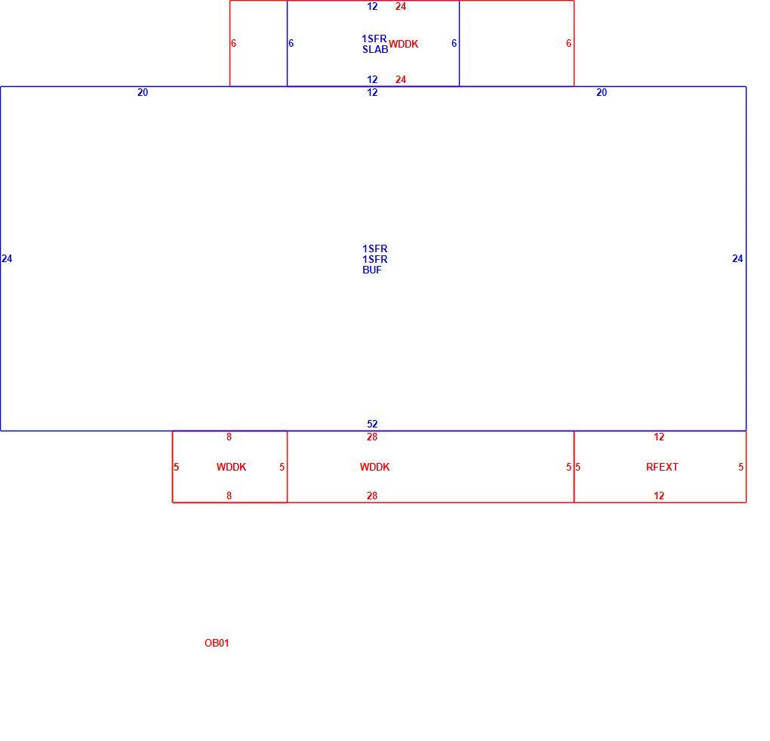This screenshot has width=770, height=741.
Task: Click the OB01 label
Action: pyautogui.click(x=217, y=643)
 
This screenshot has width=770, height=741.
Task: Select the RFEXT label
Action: pyautogui.click(x=662, y=467)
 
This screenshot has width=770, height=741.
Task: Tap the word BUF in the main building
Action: pyautogui.click(x=371, y=270)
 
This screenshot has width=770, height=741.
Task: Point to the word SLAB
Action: pyautogui.click(x=375, y=49)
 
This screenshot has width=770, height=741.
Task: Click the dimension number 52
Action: pyautogui.click(x=372, y=424)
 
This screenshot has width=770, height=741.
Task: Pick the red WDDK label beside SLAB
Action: pyautogui.click(x=404, y=45)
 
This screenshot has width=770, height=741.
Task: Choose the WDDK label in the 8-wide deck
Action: pyautogui.click(x=231, y=467)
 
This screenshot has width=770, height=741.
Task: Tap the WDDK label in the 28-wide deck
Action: pyautogui.click(x=374, y=467)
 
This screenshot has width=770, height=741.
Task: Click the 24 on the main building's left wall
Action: pyautogui.click(x=7, y=259)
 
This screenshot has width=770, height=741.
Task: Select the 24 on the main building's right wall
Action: pyautogui.click(x=738, y=259)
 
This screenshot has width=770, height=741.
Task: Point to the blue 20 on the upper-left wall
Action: pyautogui.click(x=143, y=92)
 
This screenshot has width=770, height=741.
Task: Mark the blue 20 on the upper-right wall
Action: pyautogui.click(x=602, y=92)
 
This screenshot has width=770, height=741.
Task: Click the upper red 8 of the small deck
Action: pyautogui.click(x=229, y=437)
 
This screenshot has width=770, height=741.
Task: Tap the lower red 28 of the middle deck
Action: pyautogui.click(x=372, y=496)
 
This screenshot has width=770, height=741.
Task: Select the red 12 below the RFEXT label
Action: pyautogui.click(x=659, y=496)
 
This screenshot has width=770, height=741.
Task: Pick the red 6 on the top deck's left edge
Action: pyautogui.click(x=233, y=43)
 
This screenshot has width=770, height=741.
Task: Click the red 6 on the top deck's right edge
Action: pyautogui.click(x=568, y=43)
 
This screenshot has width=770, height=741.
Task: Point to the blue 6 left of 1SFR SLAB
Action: pyautogui.click(x=291, y=43)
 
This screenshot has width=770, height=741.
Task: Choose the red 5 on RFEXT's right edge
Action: pyautogui.click(x=741, y=467)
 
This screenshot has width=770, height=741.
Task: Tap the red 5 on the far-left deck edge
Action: pyautogui.click(x=177, y=467)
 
